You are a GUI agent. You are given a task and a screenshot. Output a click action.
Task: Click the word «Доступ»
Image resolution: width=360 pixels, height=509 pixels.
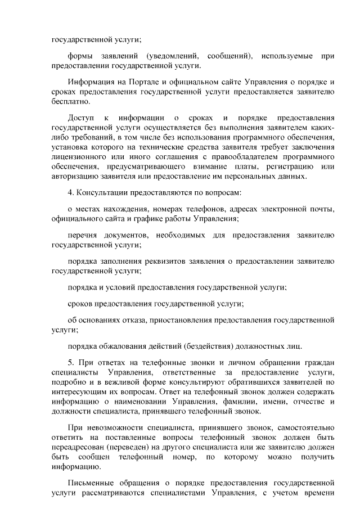click(x=82, y=118)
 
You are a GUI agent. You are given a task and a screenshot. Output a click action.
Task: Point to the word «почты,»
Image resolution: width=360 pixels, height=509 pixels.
click(x=322, y=209)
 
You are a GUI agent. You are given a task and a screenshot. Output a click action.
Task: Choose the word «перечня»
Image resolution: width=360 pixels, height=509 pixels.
click(x=83, y=235)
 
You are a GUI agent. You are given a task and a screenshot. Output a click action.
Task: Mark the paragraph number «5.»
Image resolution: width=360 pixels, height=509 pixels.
click(x=71, y=362)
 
